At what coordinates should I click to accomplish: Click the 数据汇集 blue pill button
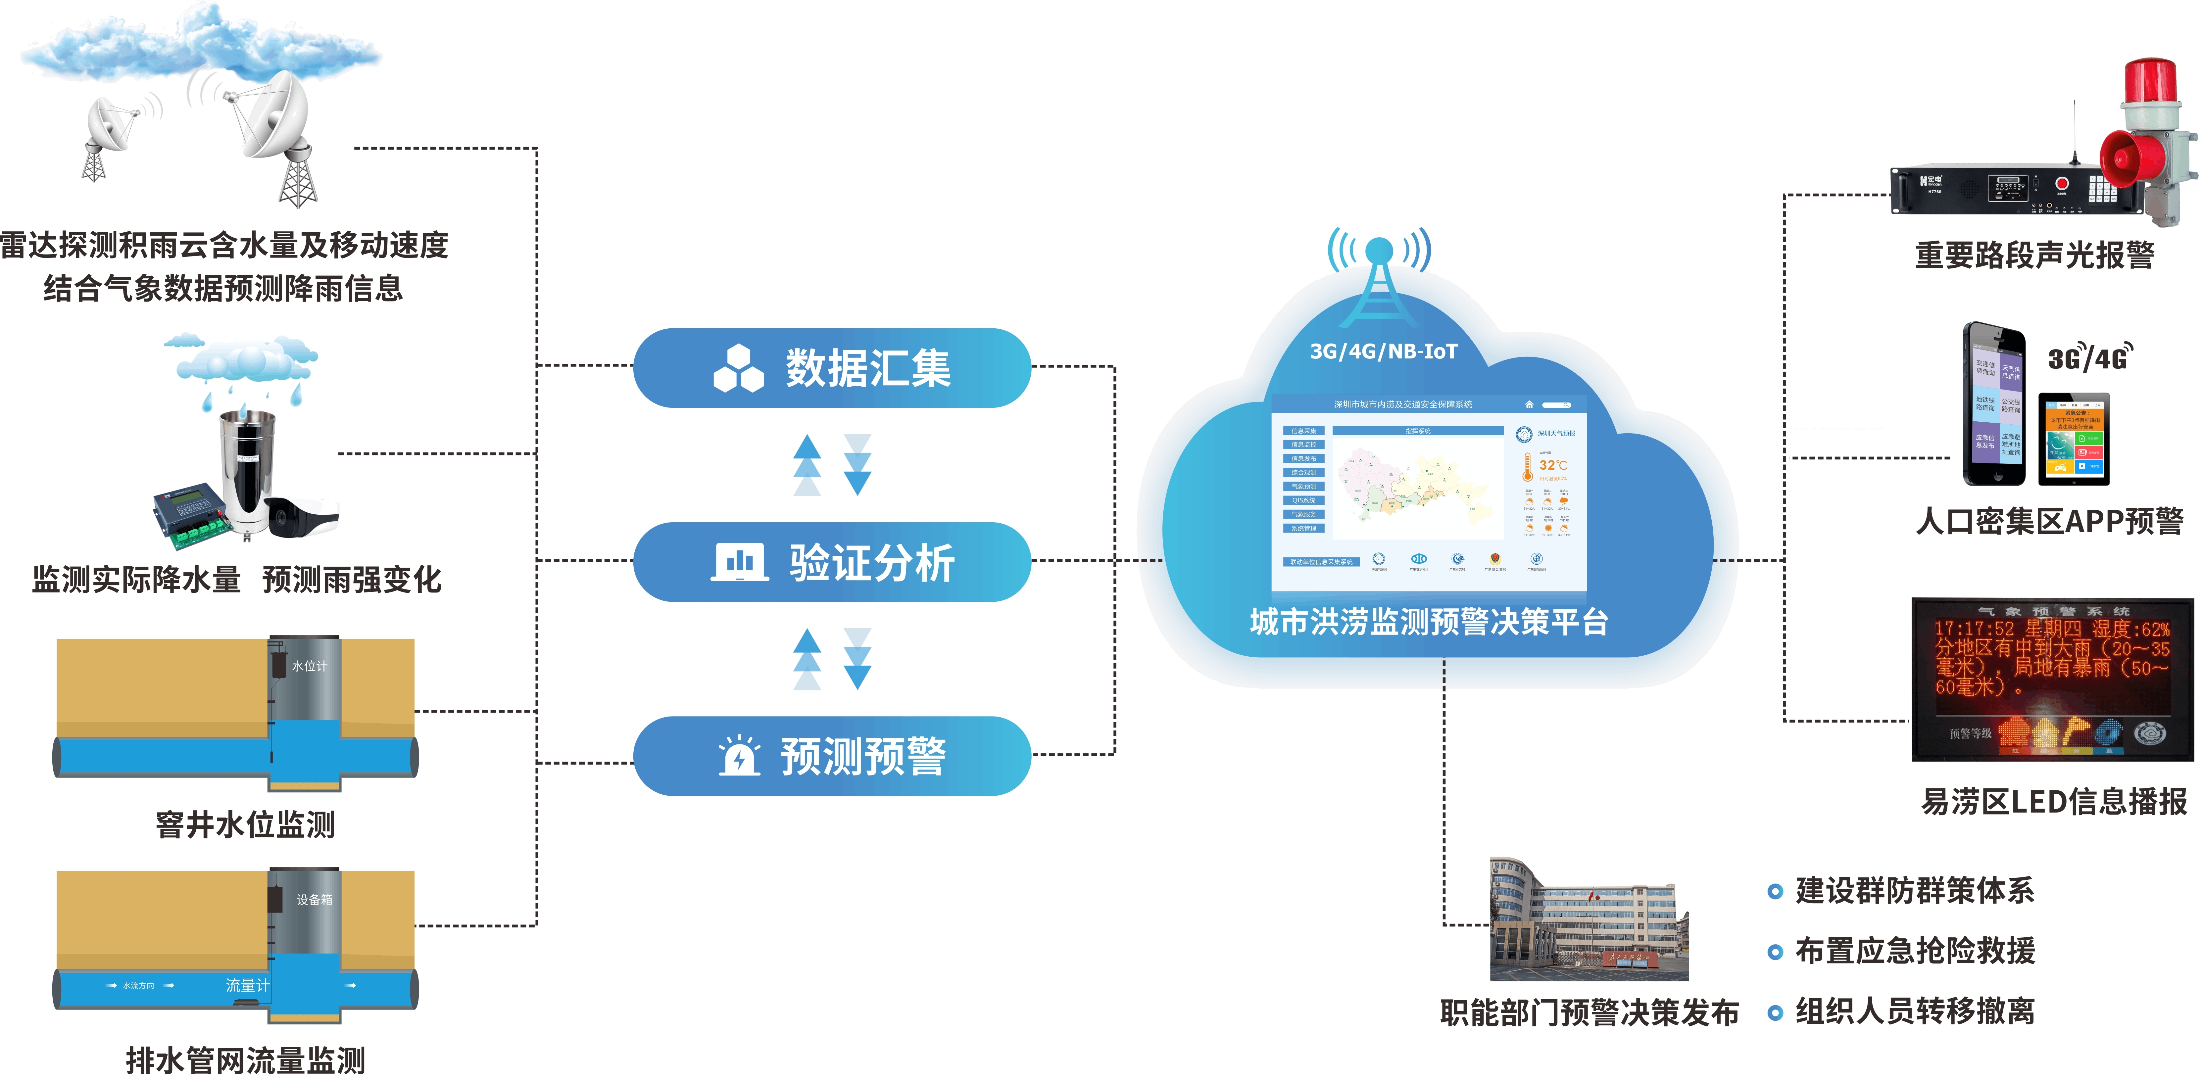831,368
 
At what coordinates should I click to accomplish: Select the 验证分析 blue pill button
831,562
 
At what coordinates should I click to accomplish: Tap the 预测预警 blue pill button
831,756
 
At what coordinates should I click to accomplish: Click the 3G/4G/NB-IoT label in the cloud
1383,351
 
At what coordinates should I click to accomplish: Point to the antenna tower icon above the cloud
1378,278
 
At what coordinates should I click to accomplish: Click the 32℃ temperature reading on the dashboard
1552,466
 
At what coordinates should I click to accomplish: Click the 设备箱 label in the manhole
314,900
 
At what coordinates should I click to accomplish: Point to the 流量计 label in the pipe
247,985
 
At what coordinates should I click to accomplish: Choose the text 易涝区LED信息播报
2053,801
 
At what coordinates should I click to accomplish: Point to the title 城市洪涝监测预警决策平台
1429,622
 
